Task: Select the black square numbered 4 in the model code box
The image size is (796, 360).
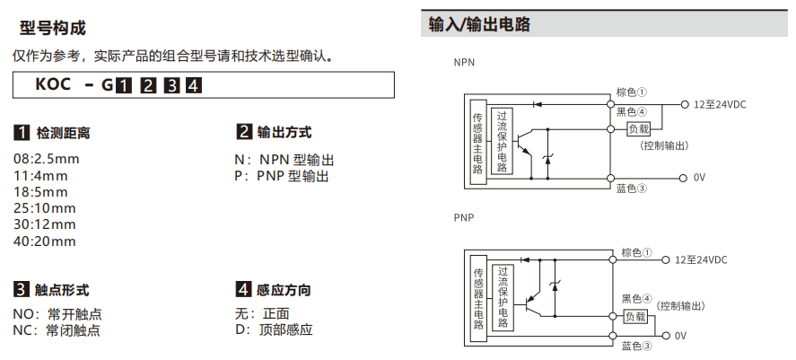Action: (193, 86)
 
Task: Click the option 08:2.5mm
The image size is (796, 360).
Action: (47, 160)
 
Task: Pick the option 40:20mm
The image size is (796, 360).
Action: (45, 241)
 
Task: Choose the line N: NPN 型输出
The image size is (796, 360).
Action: (284, 160)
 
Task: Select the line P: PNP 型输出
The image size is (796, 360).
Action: (281, 176)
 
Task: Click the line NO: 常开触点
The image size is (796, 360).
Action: (57, 314)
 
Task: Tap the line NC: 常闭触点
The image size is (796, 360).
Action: (57, 330)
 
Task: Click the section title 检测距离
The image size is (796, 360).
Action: (63, 133)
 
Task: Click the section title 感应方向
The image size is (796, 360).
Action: (284, 290)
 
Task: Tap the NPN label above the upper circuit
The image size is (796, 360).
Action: (464, 63)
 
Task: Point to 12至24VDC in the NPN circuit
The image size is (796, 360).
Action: (720, 104)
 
